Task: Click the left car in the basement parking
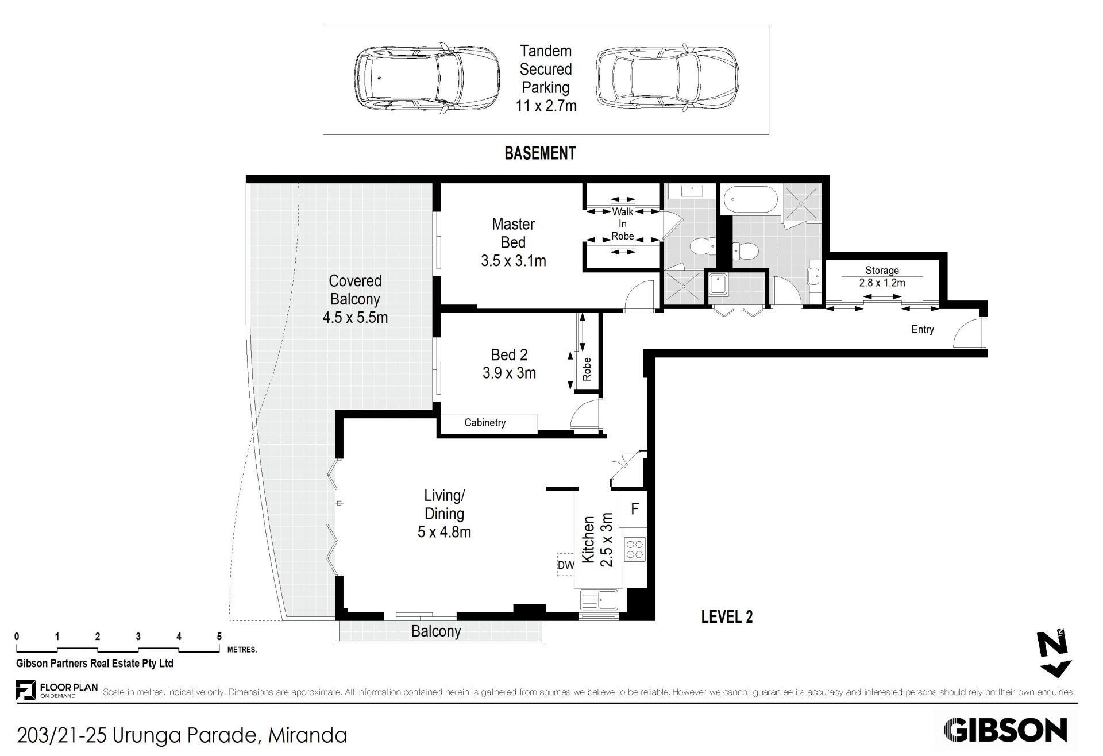(426, 78)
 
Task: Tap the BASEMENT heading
(540, 153)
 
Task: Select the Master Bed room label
(513, 233)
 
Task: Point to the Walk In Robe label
(623, 224)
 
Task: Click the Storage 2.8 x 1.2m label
(882, 276)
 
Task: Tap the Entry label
(923, 329)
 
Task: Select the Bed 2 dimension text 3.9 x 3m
(509, 373)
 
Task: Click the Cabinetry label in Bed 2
(485, 423)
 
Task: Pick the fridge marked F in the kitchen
(634, 509)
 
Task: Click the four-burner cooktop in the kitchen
(635, 549)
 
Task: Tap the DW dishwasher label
(565, 565)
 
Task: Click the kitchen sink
(599, 600)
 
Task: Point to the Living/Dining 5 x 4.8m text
(444, 514)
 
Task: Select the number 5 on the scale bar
(219, 637)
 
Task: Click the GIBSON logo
(1005, 730)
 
